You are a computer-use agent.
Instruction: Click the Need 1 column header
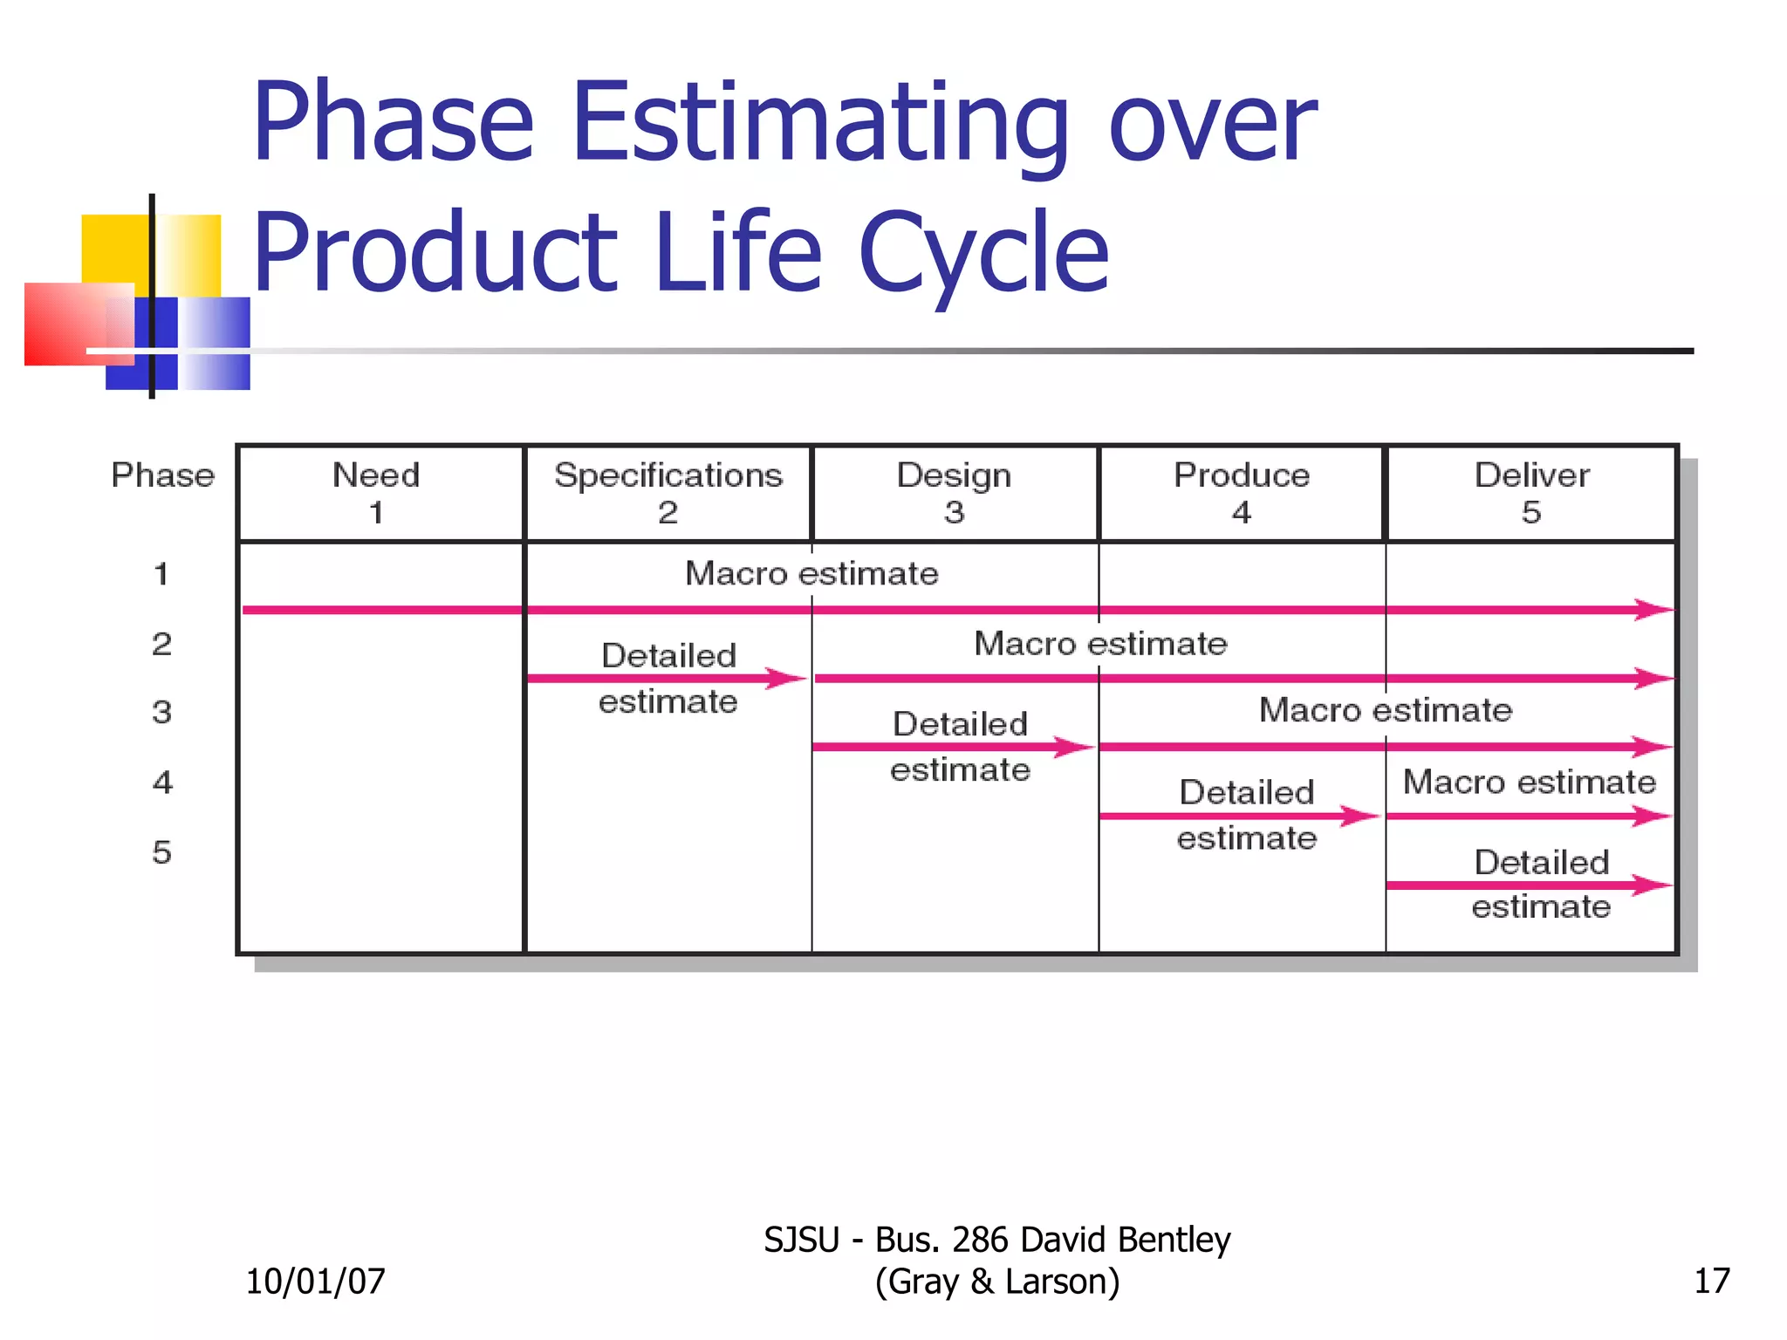(x=377, y=493)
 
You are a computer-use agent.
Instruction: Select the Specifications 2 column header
(x=668, y=493)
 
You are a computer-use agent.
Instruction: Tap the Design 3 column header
(x=955, y=493)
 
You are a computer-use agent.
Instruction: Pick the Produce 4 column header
(x=1242, y=493)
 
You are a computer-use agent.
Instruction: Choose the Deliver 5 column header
(x=1532, y=493)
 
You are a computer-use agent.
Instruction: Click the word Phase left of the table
(x=162, y=475)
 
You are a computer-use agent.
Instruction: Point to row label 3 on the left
(x=161, y=712)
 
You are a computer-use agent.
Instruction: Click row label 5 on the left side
(x=161, y=851)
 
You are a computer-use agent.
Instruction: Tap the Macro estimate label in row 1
(x=811, y=573)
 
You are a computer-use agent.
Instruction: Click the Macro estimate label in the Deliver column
(x=1529, y=782)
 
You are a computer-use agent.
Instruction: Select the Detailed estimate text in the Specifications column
(x=668, y=678)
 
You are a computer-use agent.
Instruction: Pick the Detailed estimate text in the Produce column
(x=1247, y=815)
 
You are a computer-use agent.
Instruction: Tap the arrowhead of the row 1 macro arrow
(x=1653, y=609)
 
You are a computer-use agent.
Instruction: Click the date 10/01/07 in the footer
(x=315, y=1281)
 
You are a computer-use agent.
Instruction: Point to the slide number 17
(x=1711, y=1281)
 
